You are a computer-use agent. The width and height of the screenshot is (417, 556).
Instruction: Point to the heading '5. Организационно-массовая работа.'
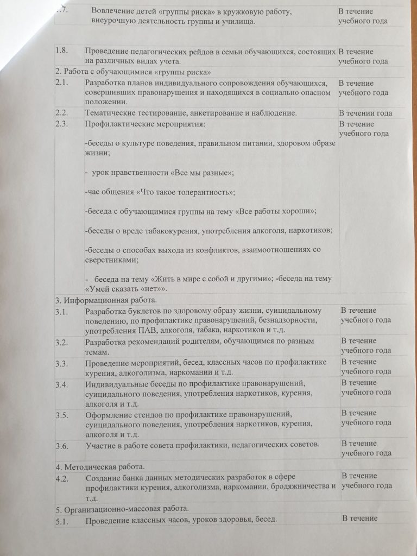pos(122,509)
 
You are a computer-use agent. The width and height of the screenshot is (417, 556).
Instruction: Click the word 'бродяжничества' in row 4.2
pos(294,488)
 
